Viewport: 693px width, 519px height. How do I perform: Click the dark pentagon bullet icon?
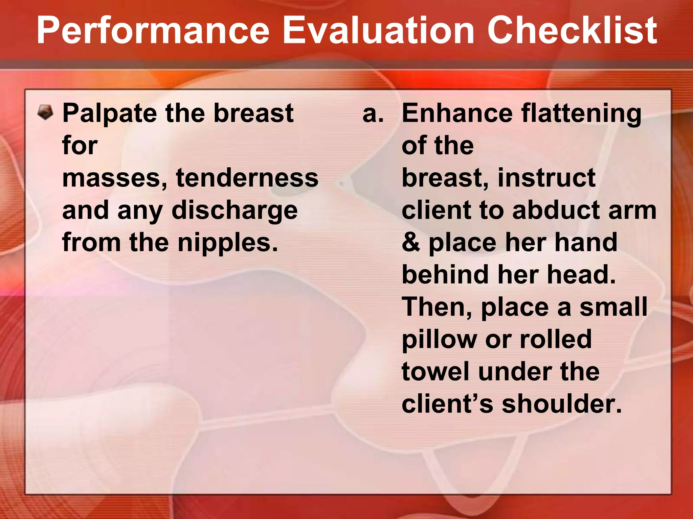click(x=45, y=113)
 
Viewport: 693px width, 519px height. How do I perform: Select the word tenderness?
click(x=247, y=178)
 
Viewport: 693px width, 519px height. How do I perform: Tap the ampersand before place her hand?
click(x=410, y=243)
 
